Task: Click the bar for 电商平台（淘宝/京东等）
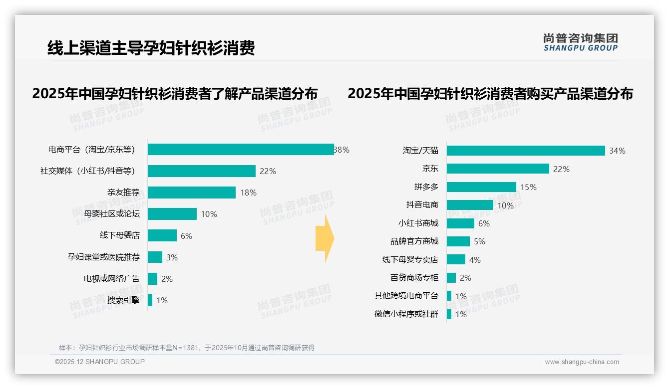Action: pyautogui.click(x=241, y=150)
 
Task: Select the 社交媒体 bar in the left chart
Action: pyautogui.click(x=202, y=171)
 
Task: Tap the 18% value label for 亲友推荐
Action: pyautogui.click(x=248, y=193)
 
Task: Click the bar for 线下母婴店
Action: pyautogui.click(x=162, y=235)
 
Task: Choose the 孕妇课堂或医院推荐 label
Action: pyautogui.click(x=104, y=257)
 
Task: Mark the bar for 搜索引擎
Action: pyautogui.click(x=150, y=300)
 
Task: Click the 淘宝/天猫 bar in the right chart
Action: pyautogui.click(x=526, y=151)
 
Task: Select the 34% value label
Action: pyautogui.click(x=617, y=151)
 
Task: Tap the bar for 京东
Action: pyautogui.click(x=498, y=169)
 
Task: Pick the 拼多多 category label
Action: pyautogui.click(x=426, y=187)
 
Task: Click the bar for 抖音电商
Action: pyautogui.click(x=470, y=205)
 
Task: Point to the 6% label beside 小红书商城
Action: pyautogui.click(x=484, y=223)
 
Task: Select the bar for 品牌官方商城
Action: pyautogui.click(x=458, y=241)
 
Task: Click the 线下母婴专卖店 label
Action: pyautogui.click(x=410, y=260)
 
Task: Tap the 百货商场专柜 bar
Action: pyautogui.click(x=451, y=278)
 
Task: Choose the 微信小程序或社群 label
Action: pyautogui.click(x=406, y=314)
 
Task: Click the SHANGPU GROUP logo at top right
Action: pyautogui.click(x=581, y=42)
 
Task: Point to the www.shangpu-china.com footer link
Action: pyautogui.click(x=582, y=362)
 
